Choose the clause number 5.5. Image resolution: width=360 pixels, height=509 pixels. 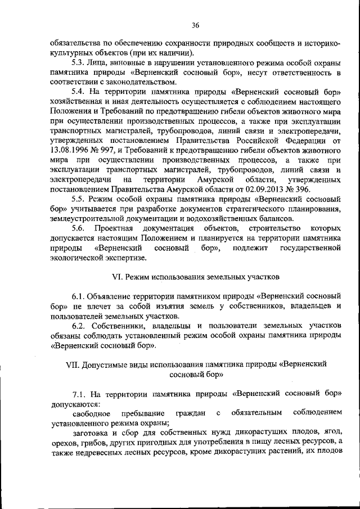78,200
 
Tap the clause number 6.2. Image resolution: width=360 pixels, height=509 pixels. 78,326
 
